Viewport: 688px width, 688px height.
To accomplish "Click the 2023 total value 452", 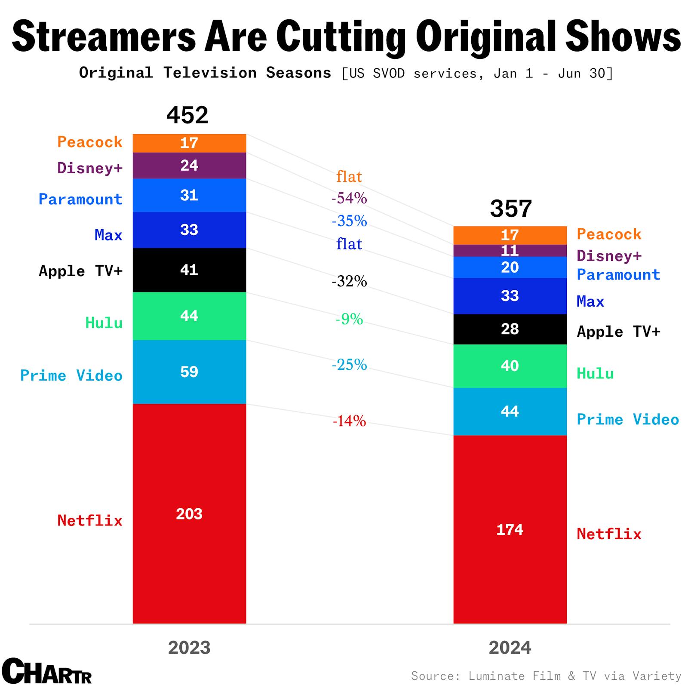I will click(x=187, y=115).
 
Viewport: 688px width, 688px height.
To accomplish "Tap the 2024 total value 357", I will click(x=510, y=209).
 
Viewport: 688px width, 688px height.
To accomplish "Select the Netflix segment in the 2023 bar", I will click(x=189, y=514).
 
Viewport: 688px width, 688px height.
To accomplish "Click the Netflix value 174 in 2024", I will click(x=510, y=530).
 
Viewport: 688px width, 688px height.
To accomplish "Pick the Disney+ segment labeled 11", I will click(x=510, y=251).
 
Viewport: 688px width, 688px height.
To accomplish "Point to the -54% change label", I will click(x=349, y=198).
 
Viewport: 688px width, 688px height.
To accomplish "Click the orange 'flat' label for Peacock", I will click(x=349, y=177).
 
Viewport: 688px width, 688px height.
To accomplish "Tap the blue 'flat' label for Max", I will click(x=349, y=244).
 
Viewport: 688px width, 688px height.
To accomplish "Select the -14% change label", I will click(x=349, y=421).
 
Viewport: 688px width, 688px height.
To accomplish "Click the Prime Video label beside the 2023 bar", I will click(x=71, y=376).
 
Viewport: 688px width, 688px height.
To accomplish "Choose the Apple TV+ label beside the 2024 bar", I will click(x=618, y=332).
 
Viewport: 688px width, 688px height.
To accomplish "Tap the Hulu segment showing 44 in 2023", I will click(x=189, y=316).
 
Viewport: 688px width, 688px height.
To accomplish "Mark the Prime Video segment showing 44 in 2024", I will click(x=510, y=412).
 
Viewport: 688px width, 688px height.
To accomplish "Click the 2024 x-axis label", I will click(x=510, y=648).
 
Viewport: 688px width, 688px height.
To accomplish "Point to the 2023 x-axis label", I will click(x=189, y=648).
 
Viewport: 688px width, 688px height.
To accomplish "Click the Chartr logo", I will click(x=46, y=671).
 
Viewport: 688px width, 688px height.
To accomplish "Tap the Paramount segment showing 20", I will click(x=510, y=267).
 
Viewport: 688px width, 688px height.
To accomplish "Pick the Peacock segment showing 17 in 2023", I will click(x=189, y=143).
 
